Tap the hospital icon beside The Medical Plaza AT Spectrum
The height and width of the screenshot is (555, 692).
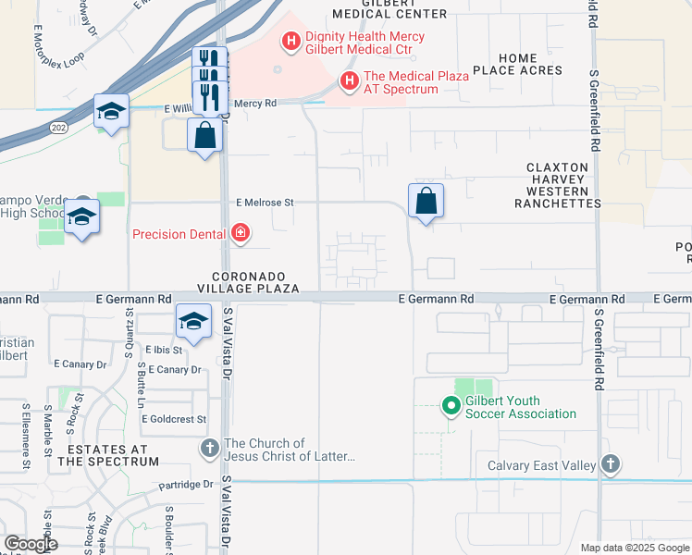(x=349, y=81)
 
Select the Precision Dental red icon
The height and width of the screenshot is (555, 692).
(x=240, y=233)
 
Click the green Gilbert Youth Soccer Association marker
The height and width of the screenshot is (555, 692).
(x=451, y=405)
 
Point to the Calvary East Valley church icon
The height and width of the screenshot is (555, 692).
(x=610, y=464)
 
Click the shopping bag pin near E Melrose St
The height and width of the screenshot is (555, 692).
(x=426, y=201)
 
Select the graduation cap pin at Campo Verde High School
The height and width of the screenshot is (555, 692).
(x=82, y=216)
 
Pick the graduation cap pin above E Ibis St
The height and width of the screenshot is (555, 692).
(x=192, y=321)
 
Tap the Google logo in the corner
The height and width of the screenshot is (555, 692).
(x=30, y=543)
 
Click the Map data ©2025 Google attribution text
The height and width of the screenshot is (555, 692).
(x=635, y=548)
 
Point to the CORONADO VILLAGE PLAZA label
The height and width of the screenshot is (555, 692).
(x=255, y=282)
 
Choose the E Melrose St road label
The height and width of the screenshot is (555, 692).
(x=265, y=202)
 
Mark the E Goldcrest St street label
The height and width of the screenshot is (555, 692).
(x=174, y=419)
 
